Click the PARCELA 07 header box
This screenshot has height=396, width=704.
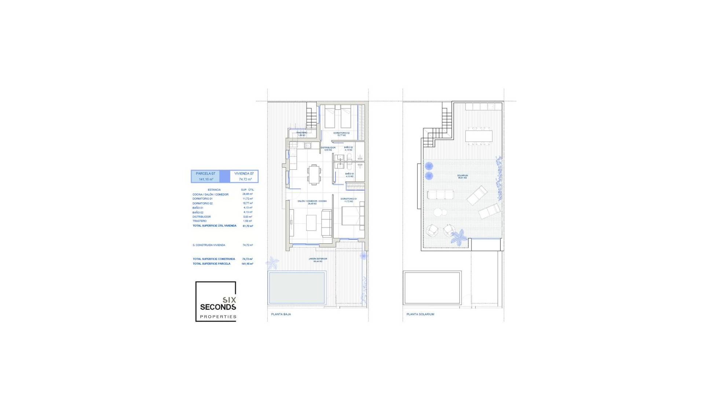coord(205,176)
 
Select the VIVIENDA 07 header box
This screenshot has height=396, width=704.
coord(244,176)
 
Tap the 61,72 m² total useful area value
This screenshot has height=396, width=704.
coord(248,226)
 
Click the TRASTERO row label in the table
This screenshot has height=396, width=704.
coord(199,221)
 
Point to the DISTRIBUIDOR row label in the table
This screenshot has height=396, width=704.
coord(202,217)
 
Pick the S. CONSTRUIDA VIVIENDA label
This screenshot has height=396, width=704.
coord(209,245)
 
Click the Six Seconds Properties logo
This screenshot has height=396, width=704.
coord(216,301)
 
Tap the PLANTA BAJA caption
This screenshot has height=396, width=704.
coord(281,314)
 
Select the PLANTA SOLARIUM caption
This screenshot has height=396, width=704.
coord(420,314)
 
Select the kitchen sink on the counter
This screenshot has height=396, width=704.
coord(307,146)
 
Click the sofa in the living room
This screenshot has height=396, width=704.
coord(326,223)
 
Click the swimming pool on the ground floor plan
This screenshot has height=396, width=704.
coord(297,288)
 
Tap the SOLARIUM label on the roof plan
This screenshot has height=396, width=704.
coord(462,176)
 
